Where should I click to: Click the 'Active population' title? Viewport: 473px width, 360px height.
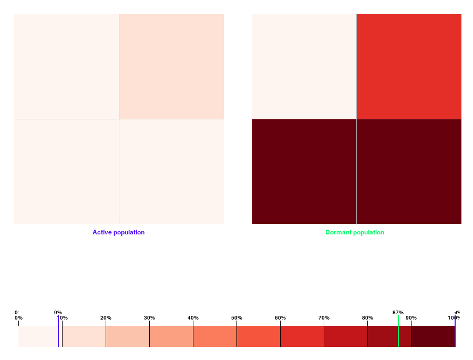[118, 232]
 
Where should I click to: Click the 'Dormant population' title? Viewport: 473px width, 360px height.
[355, 232]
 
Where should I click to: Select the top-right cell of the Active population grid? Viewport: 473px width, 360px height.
[172, 66]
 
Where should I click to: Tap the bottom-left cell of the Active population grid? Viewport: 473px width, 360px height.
[66, 171]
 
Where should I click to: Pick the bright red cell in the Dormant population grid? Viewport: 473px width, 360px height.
[409, 66]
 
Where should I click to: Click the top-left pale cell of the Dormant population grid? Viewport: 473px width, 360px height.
[304, 66]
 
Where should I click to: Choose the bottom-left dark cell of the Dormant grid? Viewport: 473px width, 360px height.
[304, 171]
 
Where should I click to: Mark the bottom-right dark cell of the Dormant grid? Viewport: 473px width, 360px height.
[409, 171]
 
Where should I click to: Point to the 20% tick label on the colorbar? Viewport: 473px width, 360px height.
[106, 318]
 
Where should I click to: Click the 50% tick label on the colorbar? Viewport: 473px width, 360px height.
[236, 318]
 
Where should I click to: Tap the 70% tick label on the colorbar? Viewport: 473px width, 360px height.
[324, 318]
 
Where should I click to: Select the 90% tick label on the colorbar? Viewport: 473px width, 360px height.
[411, 318]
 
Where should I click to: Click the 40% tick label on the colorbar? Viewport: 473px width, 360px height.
[193, 318]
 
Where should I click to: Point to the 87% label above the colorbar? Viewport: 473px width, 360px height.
[398, 313]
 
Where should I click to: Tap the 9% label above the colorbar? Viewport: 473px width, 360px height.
[58, 313]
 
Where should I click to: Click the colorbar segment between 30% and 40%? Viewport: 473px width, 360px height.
[171, 336]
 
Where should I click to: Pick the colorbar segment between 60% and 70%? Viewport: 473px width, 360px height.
[302, 336]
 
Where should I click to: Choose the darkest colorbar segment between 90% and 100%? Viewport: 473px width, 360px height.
[433, 336]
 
